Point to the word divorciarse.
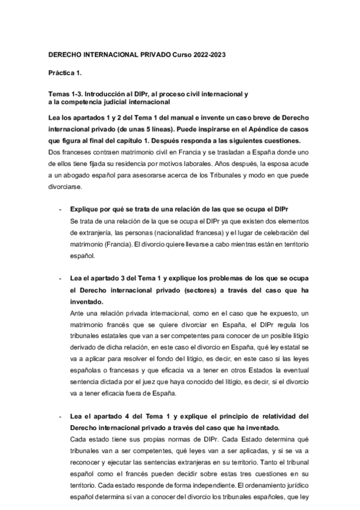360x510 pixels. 65,183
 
